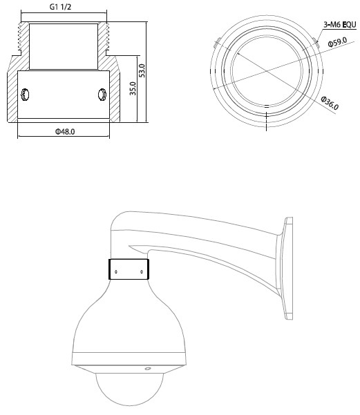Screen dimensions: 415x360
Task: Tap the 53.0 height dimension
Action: [x=142, y=70]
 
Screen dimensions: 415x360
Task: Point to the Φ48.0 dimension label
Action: [x=64, y=131]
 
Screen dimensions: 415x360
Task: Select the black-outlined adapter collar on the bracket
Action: [x=128, y=269]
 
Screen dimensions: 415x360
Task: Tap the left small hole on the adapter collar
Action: [x=115, y=271]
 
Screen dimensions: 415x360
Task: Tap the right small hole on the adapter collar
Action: [x=141, y=271]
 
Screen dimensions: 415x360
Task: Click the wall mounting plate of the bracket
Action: [x=286, y=269]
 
